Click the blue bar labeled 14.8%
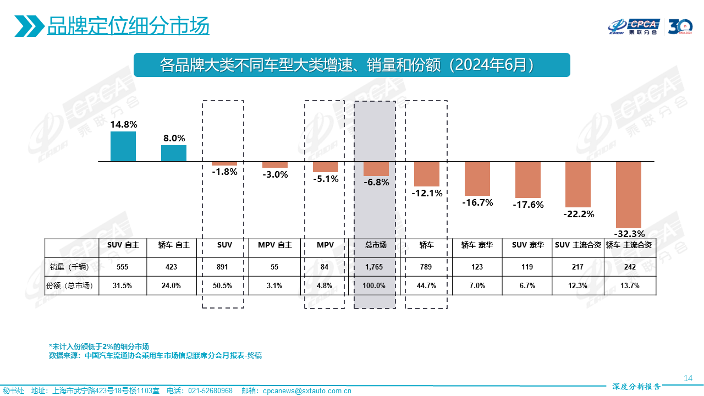[123, 146]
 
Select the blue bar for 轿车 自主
[174, 153]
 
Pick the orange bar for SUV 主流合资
[578, 184]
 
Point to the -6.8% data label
[376, 182]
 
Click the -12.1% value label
[427, 193]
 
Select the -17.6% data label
[528, 205]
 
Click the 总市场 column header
[376, 245]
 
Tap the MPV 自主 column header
[275, 245]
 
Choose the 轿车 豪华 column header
[477, 245]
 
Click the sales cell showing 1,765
[376, 267]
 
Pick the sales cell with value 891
[224, 267]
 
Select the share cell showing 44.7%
[427, 285]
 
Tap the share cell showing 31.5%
[123, 285]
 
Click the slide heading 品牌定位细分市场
[128, 26]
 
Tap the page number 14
[687, 378]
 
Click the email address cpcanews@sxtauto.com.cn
[307, 391]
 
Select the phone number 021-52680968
[211, 391]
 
